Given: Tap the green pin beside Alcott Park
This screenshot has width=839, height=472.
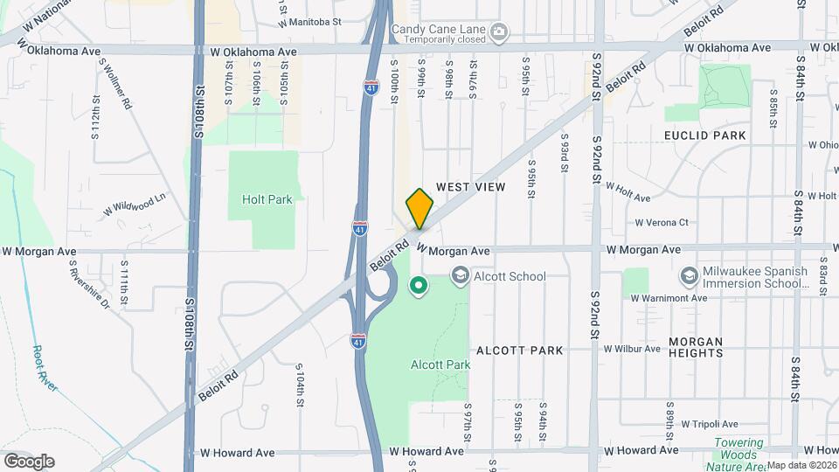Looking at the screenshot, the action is (x=419, y=285).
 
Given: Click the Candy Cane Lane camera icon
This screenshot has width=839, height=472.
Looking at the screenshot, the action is (x=499, y=33).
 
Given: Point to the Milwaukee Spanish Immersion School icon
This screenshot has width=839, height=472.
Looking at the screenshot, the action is (x=690, y=277).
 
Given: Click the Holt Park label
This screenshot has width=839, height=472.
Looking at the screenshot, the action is (x=267, y=199).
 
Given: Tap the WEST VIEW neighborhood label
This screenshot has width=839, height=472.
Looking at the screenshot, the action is (x=470, y=187).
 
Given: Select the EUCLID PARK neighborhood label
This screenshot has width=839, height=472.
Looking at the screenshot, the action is (x=704, y=135).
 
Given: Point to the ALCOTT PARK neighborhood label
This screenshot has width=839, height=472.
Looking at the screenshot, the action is (x=519, y=351).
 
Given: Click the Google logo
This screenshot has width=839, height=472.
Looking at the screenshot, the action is (x=29, y=461).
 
